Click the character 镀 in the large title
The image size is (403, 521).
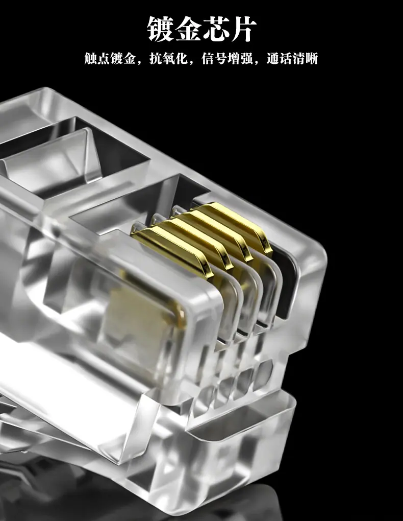pos(161,29)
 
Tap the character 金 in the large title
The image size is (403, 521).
pos(188,29)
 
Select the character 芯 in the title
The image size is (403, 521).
pos(215,29)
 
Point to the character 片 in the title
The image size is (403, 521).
pos(243,29)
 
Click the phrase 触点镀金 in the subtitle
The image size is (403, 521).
pos(110,58)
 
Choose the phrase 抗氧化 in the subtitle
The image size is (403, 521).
pos(168,58)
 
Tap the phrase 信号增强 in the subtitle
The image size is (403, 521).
pos(227,58)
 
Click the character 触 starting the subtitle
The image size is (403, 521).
pos(91,58)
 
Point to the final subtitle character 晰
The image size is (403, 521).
pos(312,58)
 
